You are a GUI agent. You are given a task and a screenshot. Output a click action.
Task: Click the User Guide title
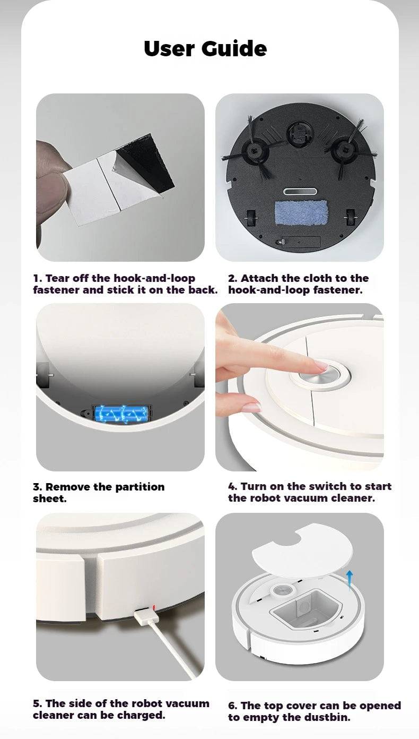tap(205, 49)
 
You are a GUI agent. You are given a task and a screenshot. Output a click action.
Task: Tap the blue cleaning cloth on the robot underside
tap(301, 212)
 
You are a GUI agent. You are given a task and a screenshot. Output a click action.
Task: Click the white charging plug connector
tap(145, 616)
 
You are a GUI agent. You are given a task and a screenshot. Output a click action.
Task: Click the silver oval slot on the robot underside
tap(301, 192)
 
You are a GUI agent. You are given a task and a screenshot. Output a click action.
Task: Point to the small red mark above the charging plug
tap(154, 606)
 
